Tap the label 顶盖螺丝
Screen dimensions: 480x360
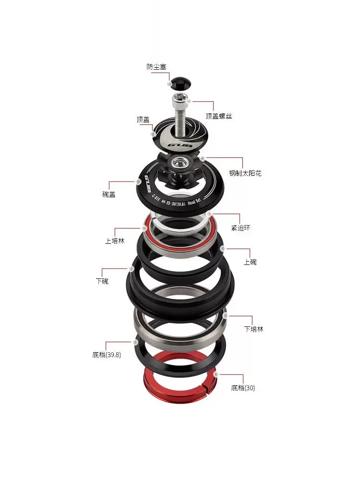(x=218, y=116)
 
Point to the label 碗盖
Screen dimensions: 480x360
(x=109, y=195)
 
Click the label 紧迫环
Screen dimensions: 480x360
(x=241, y=228)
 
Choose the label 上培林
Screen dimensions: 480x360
(x=114, y=240)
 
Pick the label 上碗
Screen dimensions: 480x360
(x=250, y=262)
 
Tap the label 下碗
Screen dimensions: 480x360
(x=102, y=281)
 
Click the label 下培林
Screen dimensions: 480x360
(x=253, y=329)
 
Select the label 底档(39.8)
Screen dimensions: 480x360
(x=107, y=355)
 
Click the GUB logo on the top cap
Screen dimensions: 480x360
(x=181, y=143)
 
